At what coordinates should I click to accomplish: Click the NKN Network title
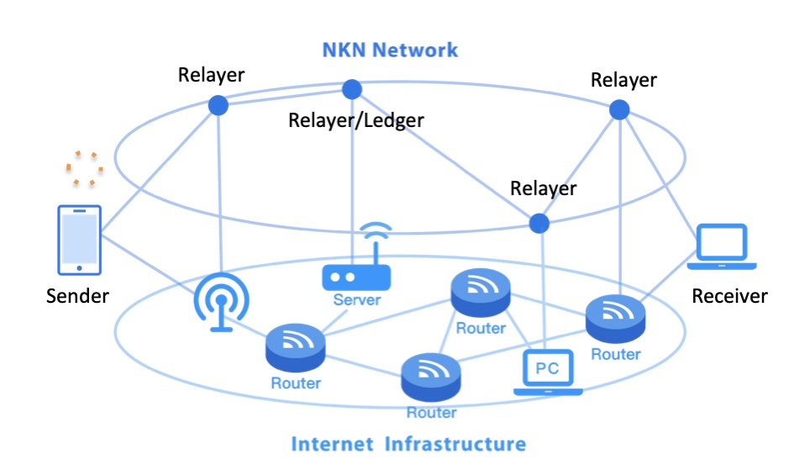coord(390,50)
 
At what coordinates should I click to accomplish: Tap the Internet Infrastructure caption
coord(408,443)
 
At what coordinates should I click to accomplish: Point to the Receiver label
coord(729,296)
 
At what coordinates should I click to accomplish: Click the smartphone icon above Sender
coord(79,240)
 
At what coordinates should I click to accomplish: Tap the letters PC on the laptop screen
coord(548,368)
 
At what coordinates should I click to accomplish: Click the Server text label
coord(356,299)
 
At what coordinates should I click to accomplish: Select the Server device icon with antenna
coord(357,265)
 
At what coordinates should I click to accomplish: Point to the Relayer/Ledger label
coord(356,120)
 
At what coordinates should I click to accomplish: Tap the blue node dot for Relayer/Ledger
coord(351,89)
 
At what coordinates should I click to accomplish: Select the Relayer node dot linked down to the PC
coord(539,223)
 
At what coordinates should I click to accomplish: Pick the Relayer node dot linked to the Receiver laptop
coord(619,109)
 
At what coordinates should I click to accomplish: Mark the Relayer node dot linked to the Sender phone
coord(218,105)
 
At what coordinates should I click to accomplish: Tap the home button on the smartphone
coord(79,267)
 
